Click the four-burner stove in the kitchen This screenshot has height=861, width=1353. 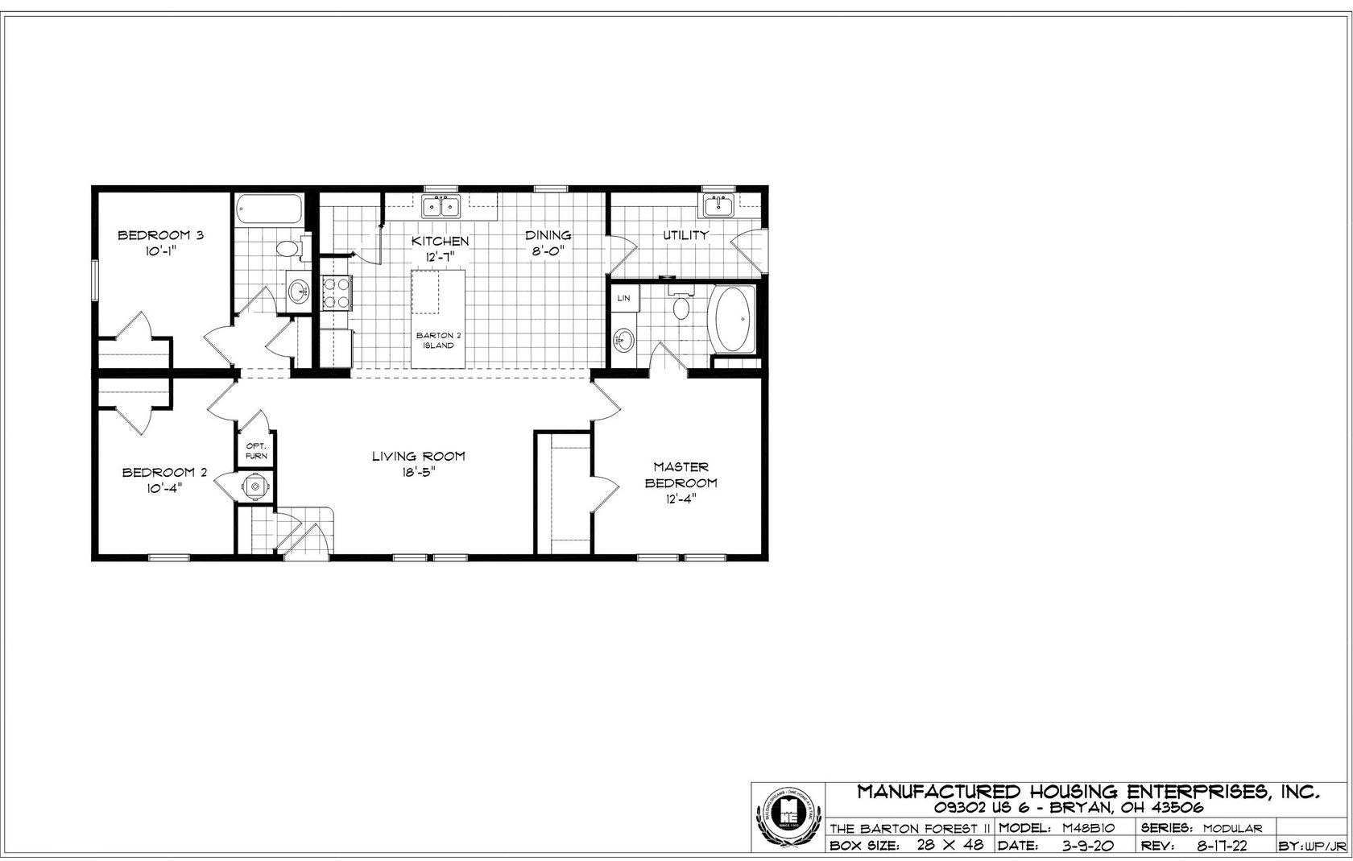[x=335, y=293]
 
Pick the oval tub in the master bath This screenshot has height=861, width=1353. [x=732, y=319]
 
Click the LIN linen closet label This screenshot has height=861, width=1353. [x=623, y=298]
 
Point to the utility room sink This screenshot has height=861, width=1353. [x=718, y=206]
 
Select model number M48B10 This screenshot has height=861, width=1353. [x=1088, y=828]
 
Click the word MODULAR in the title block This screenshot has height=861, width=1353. [x=1233, y=828]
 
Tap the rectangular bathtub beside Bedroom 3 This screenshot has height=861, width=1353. [x=269, y=209]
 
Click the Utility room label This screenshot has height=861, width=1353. [x=685, y=236]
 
